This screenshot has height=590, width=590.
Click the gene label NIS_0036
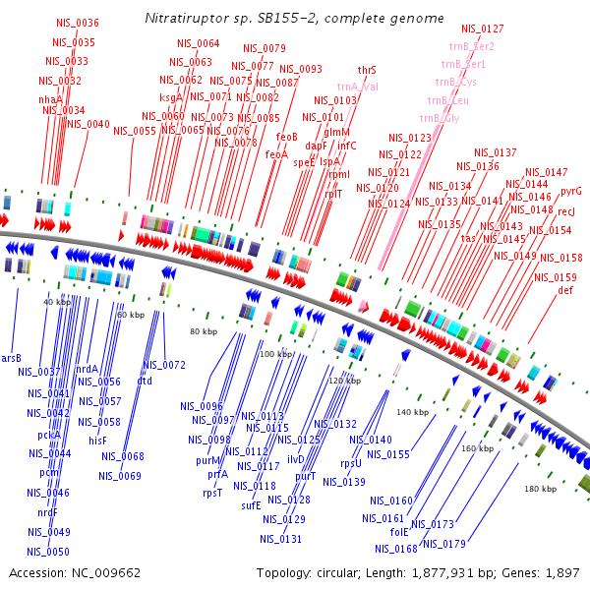point(77,23)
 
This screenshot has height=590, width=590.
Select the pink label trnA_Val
point(355,87)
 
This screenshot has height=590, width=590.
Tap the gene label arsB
point(11,358)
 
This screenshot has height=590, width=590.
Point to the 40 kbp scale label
point(57,302)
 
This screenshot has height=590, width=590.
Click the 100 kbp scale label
point(275,354)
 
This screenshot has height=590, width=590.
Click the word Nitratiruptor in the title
point(180,19)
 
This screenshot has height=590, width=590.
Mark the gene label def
point(564,291)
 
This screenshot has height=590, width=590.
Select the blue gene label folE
point(398,532)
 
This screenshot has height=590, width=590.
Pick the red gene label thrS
point(367,71)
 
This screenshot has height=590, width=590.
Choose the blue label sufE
point(251,505)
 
